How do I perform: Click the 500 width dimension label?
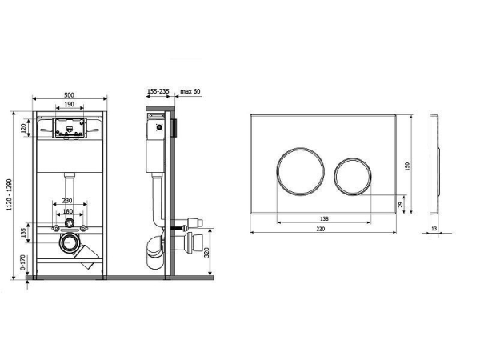tap(70, 95)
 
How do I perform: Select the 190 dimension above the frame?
tap(70, 104)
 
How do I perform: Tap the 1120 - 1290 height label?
tap(10, 194)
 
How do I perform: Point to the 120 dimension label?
tap(23, 128)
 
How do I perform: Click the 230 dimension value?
tap(67, 201)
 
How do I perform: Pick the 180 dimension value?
tap(68, 211)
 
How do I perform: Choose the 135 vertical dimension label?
tap(23, 233)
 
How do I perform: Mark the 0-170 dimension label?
tap(23, 262)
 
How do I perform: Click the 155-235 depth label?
tap(158, 91)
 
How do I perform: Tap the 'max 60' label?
tap(190, 91)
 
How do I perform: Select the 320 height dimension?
tap(206, 252)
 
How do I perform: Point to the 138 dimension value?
tap(324, 218)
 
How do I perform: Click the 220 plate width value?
tap(321, 229)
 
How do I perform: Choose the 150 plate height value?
tap(407, 166)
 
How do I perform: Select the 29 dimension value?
tap(401, 204)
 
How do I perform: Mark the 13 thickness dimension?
tap(434, 228)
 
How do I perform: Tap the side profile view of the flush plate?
tap(434, 164)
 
